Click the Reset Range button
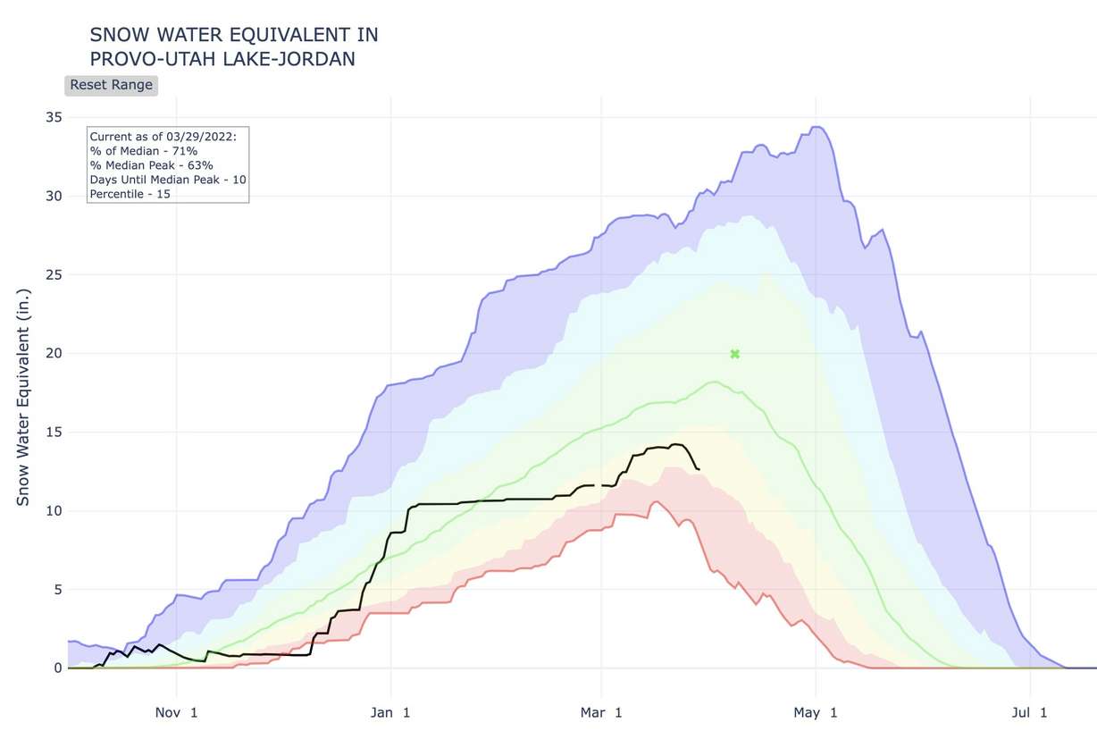tap(111, 85)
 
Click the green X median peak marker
tap(735, 354)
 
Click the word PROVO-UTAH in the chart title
tap(147, 59)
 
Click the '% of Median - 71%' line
tap(144, 151)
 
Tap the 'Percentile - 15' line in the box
tap(130, 193)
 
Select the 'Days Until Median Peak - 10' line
tap(168, 180)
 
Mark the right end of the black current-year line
tap(699, 469)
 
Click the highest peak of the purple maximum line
tap(816, 127)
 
